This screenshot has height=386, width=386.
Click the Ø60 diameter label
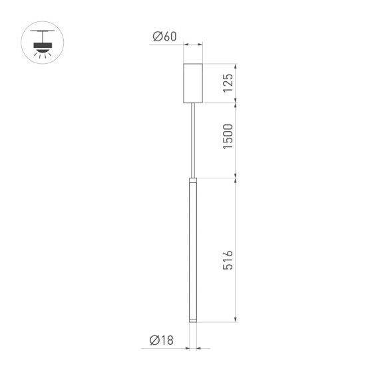point(164,37)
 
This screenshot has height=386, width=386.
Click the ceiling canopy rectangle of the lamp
point(193,84)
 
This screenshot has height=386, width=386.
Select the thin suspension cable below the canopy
point(193,140)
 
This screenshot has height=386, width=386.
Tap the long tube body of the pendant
point(193,253)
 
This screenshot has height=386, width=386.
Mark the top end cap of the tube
point(193,181)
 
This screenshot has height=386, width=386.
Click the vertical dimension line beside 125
point(236,84)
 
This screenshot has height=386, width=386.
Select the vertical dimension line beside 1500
point(236,140)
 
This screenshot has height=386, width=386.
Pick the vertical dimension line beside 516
point(236,252)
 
